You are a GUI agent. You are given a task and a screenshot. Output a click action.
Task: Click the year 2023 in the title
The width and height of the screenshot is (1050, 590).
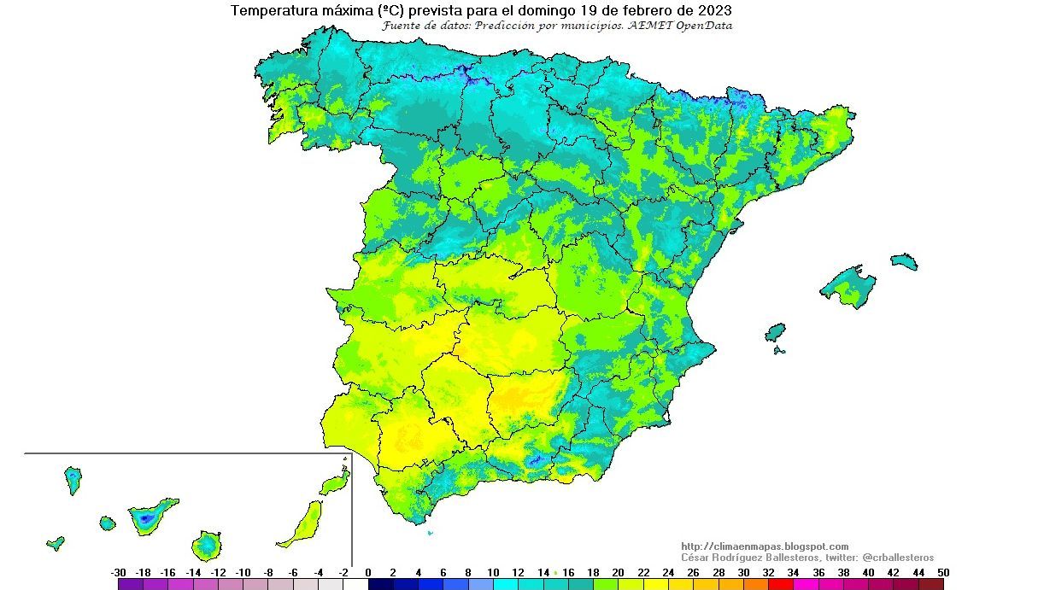tap(713, 11)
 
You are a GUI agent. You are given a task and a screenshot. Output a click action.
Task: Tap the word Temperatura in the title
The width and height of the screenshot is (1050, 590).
tap(272, 11)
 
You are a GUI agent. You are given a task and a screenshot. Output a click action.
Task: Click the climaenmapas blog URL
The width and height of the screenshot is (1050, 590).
tap(765, 546)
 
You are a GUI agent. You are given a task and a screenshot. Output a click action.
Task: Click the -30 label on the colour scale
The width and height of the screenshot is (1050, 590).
tap(119, 573)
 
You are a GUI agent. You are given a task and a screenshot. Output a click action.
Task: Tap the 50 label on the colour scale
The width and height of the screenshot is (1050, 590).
tap(942, 573)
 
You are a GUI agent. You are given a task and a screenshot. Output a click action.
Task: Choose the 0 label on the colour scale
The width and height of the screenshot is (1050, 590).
tap(368, 573)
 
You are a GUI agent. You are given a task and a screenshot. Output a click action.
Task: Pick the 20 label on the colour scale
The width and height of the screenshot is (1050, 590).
tap(619, 573)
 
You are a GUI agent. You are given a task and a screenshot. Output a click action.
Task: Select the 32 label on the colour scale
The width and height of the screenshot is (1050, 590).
tap(768, 573)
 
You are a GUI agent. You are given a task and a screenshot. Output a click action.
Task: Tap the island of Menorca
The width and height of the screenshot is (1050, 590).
tap(904, 261)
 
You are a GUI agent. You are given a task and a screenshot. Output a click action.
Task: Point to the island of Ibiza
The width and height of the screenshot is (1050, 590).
tap(775, 332)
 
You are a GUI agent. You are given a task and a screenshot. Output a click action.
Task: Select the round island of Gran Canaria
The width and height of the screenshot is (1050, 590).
tap(206, 544)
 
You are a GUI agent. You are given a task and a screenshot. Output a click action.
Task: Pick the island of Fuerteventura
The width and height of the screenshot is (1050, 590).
tap(303, 523)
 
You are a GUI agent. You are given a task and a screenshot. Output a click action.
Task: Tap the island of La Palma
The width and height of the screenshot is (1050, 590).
tap(73, 479)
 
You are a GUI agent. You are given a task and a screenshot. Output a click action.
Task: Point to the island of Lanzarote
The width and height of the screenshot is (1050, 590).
tap(336, 482)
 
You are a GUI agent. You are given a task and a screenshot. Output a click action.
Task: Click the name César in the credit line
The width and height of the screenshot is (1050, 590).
tap(697, 557)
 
